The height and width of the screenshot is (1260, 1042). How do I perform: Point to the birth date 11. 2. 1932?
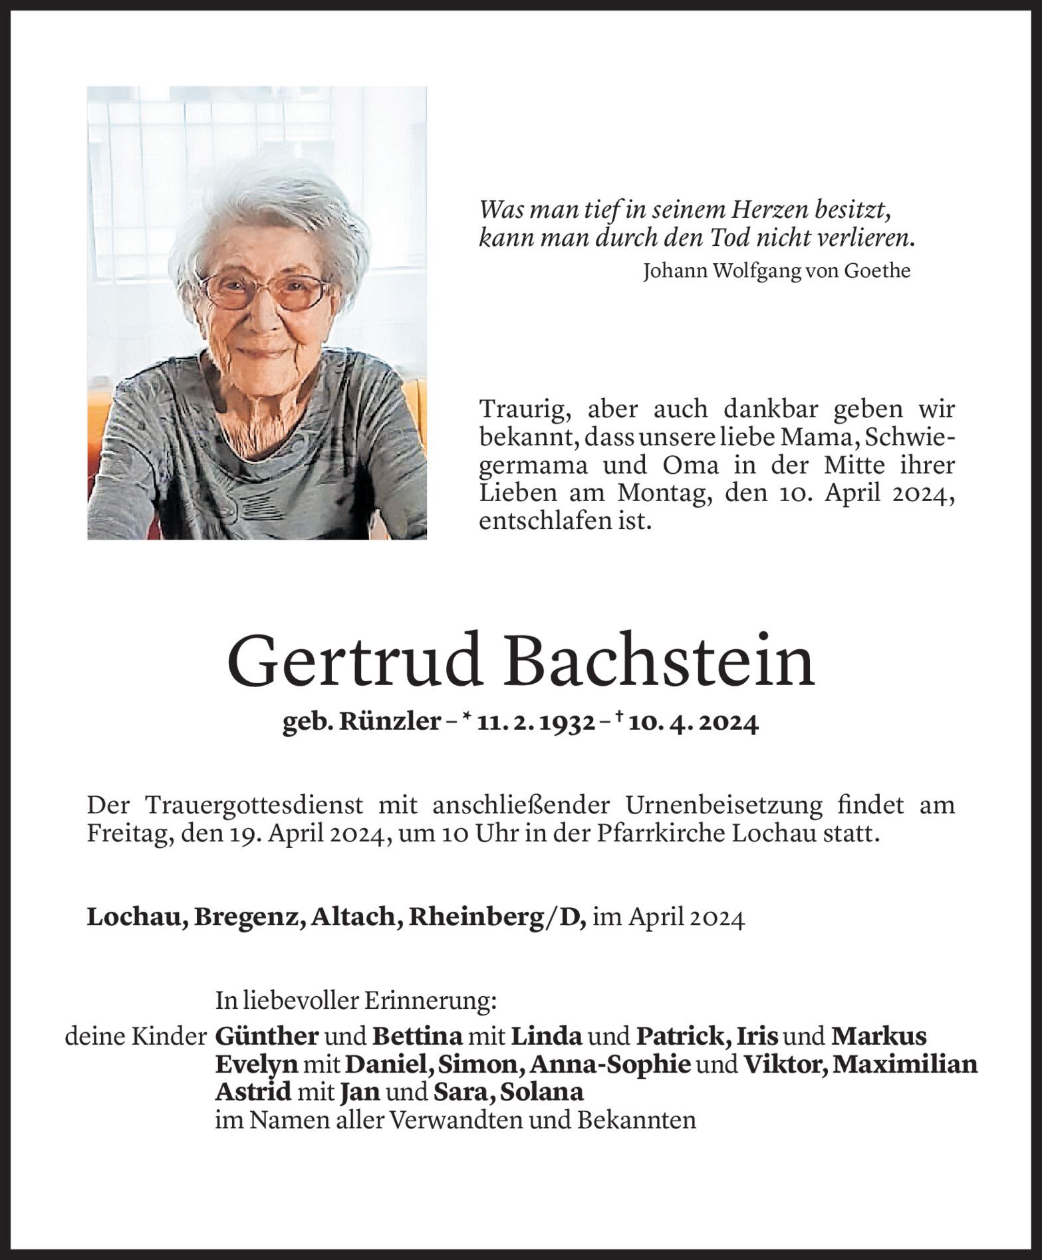[536, 723]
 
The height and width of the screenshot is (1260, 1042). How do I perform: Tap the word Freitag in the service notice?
[124, 834]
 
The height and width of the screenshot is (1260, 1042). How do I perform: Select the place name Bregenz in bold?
[252, 917]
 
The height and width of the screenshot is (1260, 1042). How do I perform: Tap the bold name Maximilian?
[905, 1065]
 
